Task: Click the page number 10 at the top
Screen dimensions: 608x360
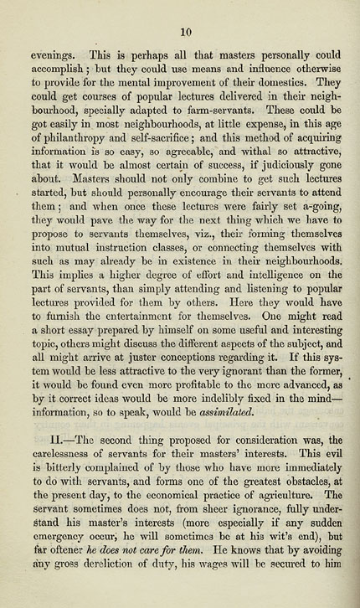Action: [x=187, y=31]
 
